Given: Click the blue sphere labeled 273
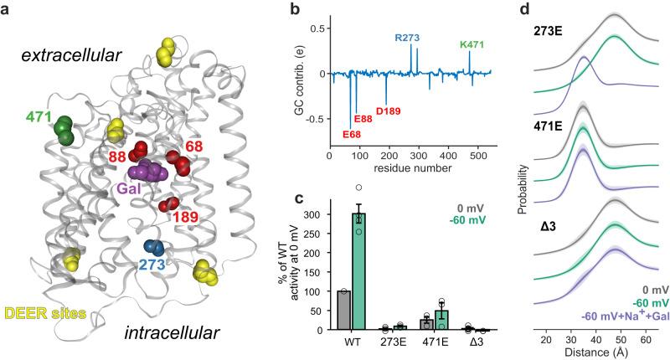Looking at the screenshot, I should point(152,248).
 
